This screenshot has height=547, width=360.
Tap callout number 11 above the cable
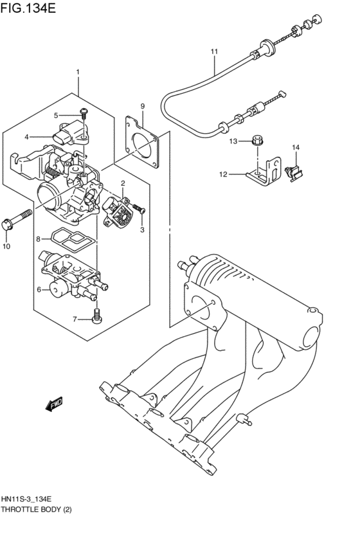(214, 51)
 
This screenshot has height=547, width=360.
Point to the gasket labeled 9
(143, 141)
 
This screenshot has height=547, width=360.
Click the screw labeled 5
(84, 115)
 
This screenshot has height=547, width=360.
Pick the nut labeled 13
(256, 139)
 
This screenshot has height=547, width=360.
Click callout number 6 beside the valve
(39, 290)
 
